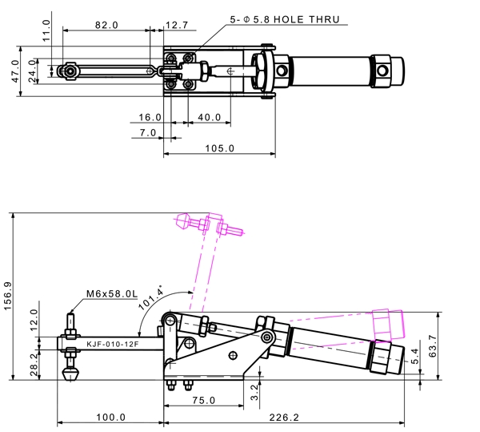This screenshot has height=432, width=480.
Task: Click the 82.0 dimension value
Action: click(x=106, y=25)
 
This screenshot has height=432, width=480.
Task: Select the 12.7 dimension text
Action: click(x=177, y=25)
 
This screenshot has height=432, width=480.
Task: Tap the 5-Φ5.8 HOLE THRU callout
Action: click(x=285, y=19)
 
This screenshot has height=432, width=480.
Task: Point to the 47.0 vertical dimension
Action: click(x=15, y=71)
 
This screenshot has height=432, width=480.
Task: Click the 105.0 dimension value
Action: click(x=219, y=148)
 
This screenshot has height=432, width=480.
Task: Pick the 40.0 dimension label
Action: click(x=209, y=117)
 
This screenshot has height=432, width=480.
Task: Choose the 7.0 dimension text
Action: click(x=148, y=132)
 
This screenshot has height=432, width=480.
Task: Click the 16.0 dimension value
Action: click(x=150, y=117)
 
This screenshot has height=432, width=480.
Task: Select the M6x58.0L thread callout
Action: click(x=112, y=293)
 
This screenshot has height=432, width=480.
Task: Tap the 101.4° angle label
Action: click(x=151, y=297)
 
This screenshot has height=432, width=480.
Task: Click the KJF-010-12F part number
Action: click(x=112, y=344)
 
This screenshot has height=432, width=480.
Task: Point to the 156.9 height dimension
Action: click(x=7, y=296)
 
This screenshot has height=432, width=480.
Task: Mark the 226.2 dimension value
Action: click(x=284, y=418)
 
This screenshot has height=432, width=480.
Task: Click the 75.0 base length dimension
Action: click(x=203, y=400)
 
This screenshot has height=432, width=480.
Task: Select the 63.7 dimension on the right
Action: click(x=433, y=346)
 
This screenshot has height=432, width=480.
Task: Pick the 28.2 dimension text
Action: click(x=34, y=365)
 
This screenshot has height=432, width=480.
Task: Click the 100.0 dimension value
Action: click(x=111, y=418)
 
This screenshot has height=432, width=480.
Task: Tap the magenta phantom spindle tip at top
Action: click(x=182, y=221)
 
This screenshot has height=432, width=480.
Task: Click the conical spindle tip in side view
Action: click(x=70, y=374)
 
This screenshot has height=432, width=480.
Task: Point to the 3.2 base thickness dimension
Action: click(x=254, y=393)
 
